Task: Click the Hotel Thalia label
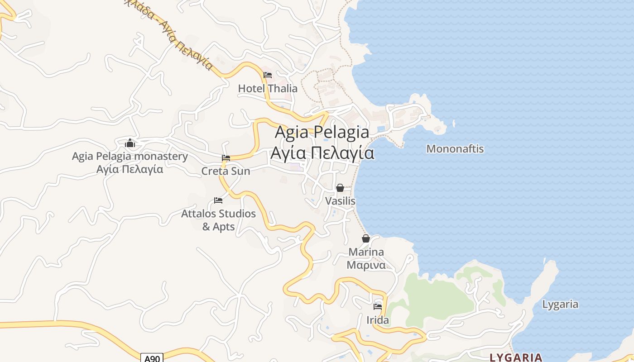click(x=268, y=88)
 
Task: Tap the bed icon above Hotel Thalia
click(x=268, y=75)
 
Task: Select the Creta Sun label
click(x=226, y=171)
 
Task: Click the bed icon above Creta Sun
click(x=226, y=158)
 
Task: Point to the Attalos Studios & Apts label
click(x=218, y=219)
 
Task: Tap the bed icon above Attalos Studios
click(x=218, y=200)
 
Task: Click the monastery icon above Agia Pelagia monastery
click(x=130, y=143)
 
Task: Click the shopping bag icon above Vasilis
click(x=340, y=188)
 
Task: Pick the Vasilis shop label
click(x=340, y=200)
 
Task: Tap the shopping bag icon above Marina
click(x=366, y=238)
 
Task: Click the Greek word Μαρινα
click(x=366, y=265)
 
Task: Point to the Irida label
click(x=378, y=320)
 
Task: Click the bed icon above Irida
click(x=378, y=307)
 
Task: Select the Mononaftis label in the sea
click(x=455, y=148)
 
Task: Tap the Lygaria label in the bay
click(x=560, y=304)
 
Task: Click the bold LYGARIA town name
click(x=516, y=357)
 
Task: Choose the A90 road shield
click(x=152, y=358)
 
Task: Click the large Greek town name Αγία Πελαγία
click(x=322, y=153)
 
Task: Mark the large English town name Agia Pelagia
click(x=322, y=132)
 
